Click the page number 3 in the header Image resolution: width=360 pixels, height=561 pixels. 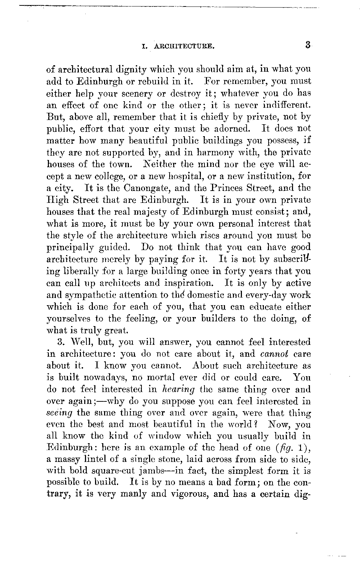(307, 45)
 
